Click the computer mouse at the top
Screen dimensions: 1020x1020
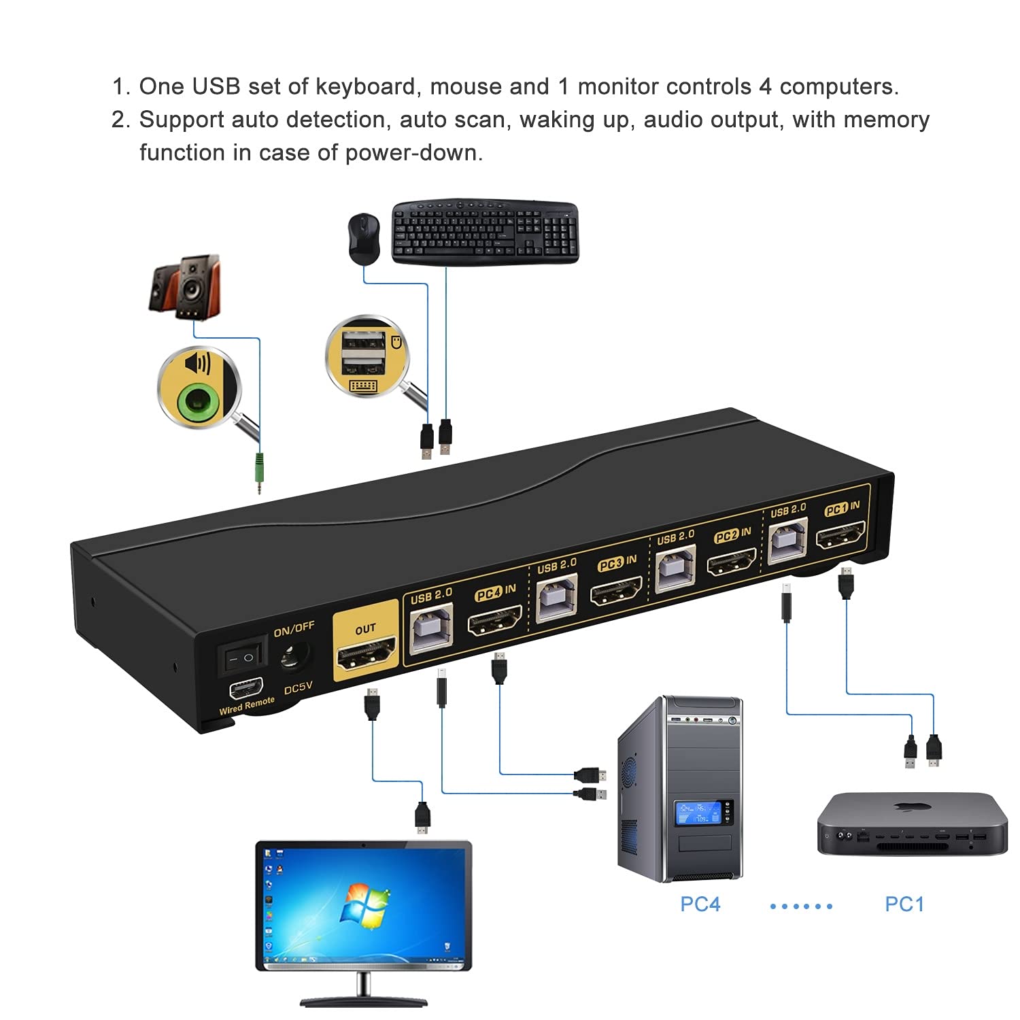364,239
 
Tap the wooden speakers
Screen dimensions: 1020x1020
185,287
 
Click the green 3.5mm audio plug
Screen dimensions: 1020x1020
259,469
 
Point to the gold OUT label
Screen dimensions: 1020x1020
365,629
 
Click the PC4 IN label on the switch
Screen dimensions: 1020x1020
496,592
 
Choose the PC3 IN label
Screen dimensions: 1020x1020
617,563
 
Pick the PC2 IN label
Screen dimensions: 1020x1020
732,535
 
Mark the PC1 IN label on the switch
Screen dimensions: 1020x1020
842,509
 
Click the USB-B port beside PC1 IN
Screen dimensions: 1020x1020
787,541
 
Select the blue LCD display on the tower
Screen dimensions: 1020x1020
697,813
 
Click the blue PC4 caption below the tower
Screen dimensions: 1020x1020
700,904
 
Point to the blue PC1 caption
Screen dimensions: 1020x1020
904,904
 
